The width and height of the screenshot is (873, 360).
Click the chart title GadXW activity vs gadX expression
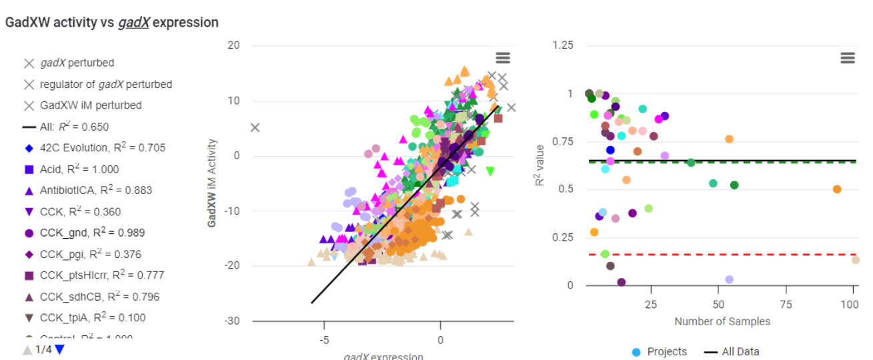pos(111,23)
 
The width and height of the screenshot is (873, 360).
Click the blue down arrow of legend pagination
pos(60,349)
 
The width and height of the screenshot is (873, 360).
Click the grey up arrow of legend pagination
pos(27,349)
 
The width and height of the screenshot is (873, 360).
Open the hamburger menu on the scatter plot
pos(502,58)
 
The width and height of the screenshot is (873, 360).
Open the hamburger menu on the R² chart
pos(848,58)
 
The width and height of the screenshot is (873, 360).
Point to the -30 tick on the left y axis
pos(233,321)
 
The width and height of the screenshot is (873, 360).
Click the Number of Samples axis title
pos(722,321)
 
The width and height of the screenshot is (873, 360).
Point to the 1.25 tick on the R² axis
pos(564,45)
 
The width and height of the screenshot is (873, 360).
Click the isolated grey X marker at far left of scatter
pos(255,127)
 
